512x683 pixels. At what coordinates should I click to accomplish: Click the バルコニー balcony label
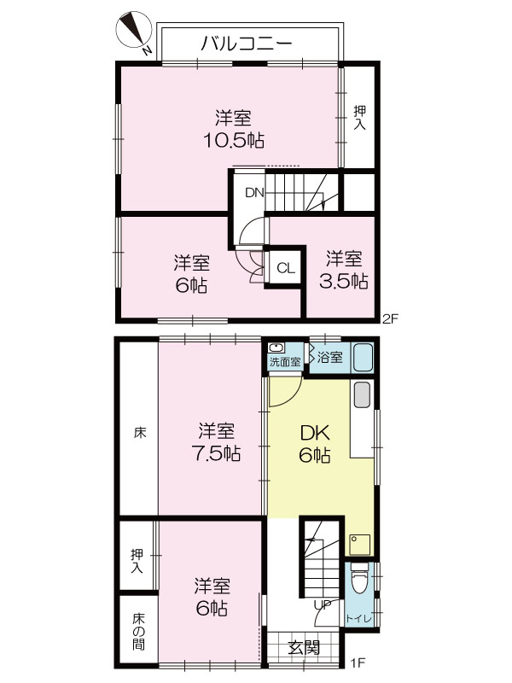tap(247, 44)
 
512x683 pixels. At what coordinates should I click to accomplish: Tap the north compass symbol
tap(136, 30)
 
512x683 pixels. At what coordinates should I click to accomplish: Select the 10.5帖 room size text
tap(234, 140)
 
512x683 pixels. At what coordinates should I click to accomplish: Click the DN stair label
tap(254, 193)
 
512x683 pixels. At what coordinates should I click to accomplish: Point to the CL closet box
tap(286, 268)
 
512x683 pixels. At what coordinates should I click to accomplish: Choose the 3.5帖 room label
tap(344, 281)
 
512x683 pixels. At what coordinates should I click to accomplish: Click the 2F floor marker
tap(390, 318)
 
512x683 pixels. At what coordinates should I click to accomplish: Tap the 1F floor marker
tap(358, 663)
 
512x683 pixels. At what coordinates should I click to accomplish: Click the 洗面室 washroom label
tap(285, 361)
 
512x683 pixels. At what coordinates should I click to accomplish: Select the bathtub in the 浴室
tap(364, 358)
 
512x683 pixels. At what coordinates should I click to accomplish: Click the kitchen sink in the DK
tap(362, 394)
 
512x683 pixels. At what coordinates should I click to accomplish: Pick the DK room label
tap(315, 434)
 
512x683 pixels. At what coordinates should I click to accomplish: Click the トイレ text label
tap(358, 619)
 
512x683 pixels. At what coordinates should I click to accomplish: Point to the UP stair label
tap(323, 604)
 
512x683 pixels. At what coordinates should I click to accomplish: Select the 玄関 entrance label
tap(304, 648)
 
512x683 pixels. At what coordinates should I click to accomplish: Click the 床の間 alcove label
tap(139, 631)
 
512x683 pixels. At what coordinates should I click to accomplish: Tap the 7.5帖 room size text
tap(217, 454)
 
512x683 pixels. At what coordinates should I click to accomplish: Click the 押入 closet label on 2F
tap(359, 118)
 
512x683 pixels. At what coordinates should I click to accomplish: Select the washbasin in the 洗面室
tap(276, 348)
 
